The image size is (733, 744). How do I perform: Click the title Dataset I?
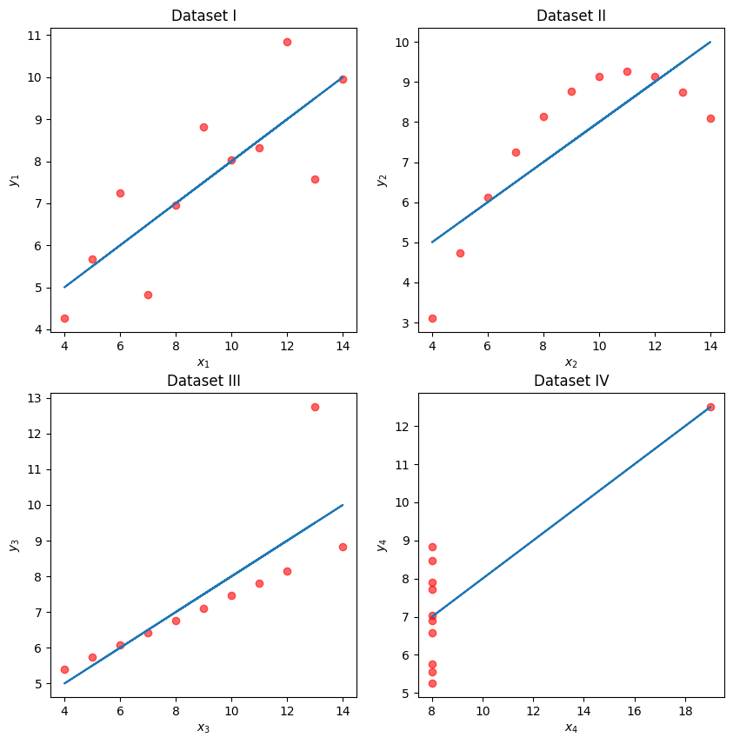(203, 16)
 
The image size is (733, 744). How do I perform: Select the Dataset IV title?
(571, 381)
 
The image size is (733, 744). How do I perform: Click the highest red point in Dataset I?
(287, 42)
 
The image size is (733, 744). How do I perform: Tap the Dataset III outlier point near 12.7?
(315, 407)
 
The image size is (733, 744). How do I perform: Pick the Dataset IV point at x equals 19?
(710, 407)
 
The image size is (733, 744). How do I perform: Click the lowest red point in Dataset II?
(432, 318)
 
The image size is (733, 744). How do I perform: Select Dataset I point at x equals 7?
(148, 295)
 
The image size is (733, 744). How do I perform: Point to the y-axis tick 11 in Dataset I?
(36, 36)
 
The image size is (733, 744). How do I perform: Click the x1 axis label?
(203, 362)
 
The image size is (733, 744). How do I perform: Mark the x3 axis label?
(203, 727)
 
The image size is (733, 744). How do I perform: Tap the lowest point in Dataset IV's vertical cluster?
(432, 683)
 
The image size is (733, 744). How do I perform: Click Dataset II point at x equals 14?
(710, 118)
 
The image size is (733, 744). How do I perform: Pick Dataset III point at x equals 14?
(343, 547)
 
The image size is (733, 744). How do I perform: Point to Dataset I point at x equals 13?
(315, 179)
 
